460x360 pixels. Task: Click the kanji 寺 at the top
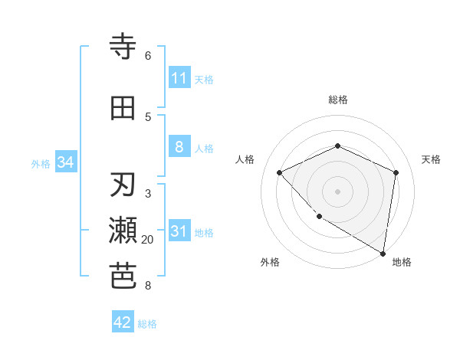pyautogui.click(x=123, y=47)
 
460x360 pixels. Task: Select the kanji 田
pyautogui.click(x=123, y=108)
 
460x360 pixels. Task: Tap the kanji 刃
pyautogui.click(x=123, y=185)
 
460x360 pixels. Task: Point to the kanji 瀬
pyautogui.click(x=123, y=231)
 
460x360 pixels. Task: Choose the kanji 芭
pyautogui.click(x=123, y=277)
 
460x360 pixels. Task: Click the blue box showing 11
pyautogui.click(x=179, y=78)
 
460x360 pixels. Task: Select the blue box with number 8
pyautogui.click(x=179, y=147)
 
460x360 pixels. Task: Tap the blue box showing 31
pyautogui.click(x=179, y=231)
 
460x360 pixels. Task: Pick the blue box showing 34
pyautogui.click(x=65, y=162)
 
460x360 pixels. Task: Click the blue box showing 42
pyautogui.click(x=123, y=322)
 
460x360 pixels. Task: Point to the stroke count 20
pyautogui.click(x=148, y=240)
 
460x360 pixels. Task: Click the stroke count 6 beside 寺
pyautogui.click(x=148, y=56)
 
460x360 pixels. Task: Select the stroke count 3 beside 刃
pyautogui.click(x=148, y=194)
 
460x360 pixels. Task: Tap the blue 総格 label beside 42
pyautogui.click(x=147, y=324)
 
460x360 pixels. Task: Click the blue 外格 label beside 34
pyautogui.click(x=41, y=163)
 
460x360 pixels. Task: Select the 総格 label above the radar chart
pyautogui.click(x=337, y=100)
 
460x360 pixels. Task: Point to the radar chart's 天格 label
pyautogui.click(x=431, y=159)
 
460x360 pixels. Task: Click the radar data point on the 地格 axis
pyautogui.click(x=383, y=253)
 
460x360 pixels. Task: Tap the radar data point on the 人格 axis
pyautogui.click(x=280, y=172)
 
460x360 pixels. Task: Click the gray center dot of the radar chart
pyautogui.click(x=337, y=191)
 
